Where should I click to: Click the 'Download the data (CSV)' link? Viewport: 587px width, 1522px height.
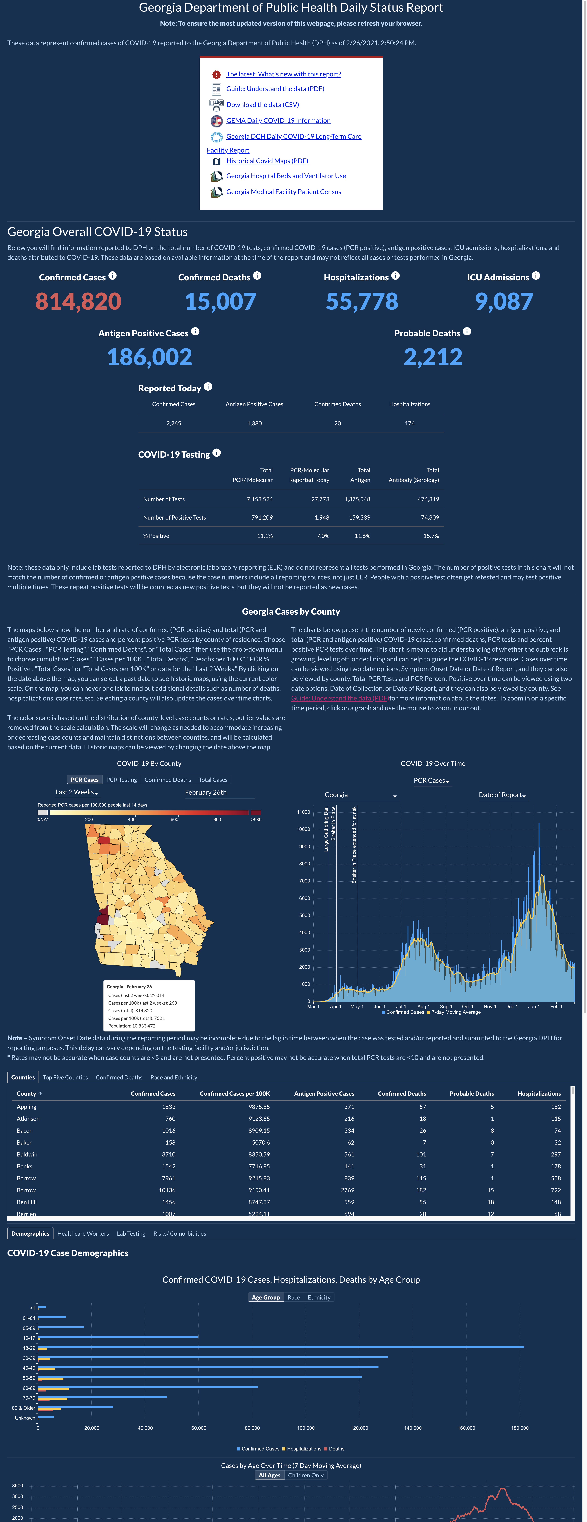click(262, 105)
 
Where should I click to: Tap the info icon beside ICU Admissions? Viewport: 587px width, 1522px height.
click(536, 276)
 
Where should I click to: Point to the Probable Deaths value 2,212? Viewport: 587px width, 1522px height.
click(433, 357)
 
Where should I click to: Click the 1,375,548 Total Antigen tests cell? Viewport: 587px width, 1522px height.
click(357, 499)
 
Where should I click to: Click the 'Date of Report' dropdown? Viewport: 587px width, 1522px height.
click(502, 795)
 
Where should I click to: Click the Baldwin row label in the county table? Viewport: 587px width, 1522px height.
click(27, 1154)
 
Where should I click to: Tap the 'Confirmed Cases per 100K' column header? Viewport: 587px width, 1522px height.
click(235, 1094)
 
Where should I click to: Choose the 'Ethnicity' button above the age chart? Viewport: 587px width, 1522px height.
click(319, 1298)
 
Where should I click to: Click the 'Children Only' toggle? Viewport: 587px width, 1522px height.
click(306, 1475)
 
